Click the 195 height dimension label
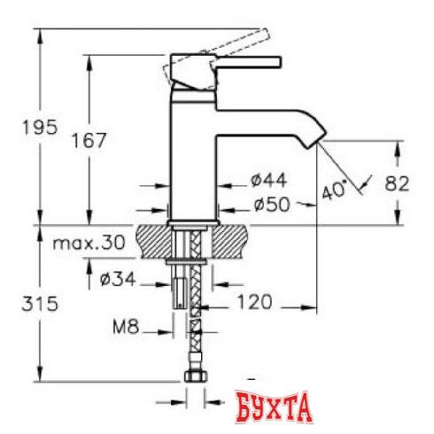click(40, 128)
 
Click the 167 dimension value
click(89, 140)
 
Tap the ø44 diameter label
click(268, 180)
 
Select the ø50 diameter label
click(272, 205)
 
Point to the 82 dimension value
click(397, 183)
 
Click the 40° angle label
click(334, 190)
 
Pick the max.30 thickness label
click(89, 244)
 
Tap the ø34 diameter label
click(118, 279)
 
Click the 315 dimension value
click(40, 304)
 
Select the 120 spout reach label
click(254, 302)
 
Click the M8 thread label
click(126, 327)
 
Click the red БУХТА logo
click(274, 407)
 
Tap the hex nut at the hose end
click(196, 376)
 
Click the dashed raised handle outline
click(217, 58)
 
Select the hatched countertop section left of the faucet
click(153, 241)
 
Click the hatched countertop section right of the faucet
click(229, 241)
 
